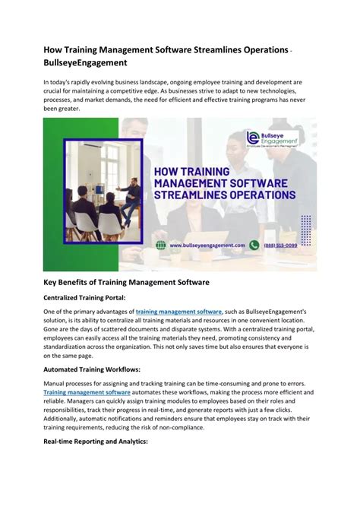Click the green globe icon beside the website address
pos(161,245)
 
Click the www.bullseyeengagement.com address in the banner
pos(207,245)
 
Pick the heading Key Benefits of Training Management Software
pos(126,282)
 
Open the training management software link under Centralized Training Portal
pos(179,312)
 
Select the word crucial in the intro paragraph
pos(57,91)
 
